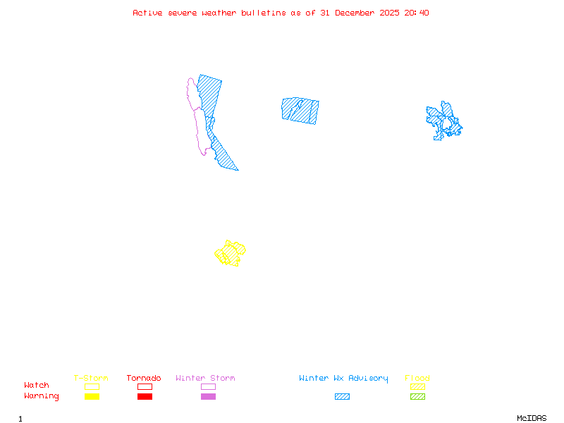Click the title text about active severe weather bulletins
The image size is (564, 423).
point(281,13)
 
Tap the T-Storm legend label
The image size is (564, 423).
point(91,378)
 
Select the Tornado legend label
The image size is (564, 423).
point(144,378)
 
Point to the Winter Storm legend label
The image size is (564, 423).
point(205,378)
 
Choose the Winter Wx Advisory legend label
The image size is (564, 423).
point(343,378)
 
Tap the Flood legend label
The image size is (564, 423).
point(417,378)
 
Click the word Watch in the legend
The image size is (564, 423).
point(37,386)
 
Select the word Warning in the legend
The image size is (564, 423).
point(42,396)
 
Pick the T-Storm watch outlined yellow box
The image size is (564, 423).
point(92,386)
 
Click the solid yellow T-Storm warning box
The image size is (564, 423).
point(92,396)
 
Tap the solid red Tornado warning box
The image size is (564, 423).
point(145,396)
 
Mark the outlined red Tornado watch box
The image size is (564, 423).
point(145,386)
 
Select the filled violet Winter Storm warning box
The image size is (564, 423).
point(208,396)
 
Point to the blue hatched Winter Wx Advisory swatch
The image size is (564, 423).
point(342,396)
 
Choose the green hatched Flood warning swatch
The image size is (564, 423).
point(417,396)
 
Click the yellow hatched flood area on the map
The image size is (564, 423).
point(231,252)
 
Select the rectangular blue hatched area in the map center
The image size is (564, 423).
point(300,110)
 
